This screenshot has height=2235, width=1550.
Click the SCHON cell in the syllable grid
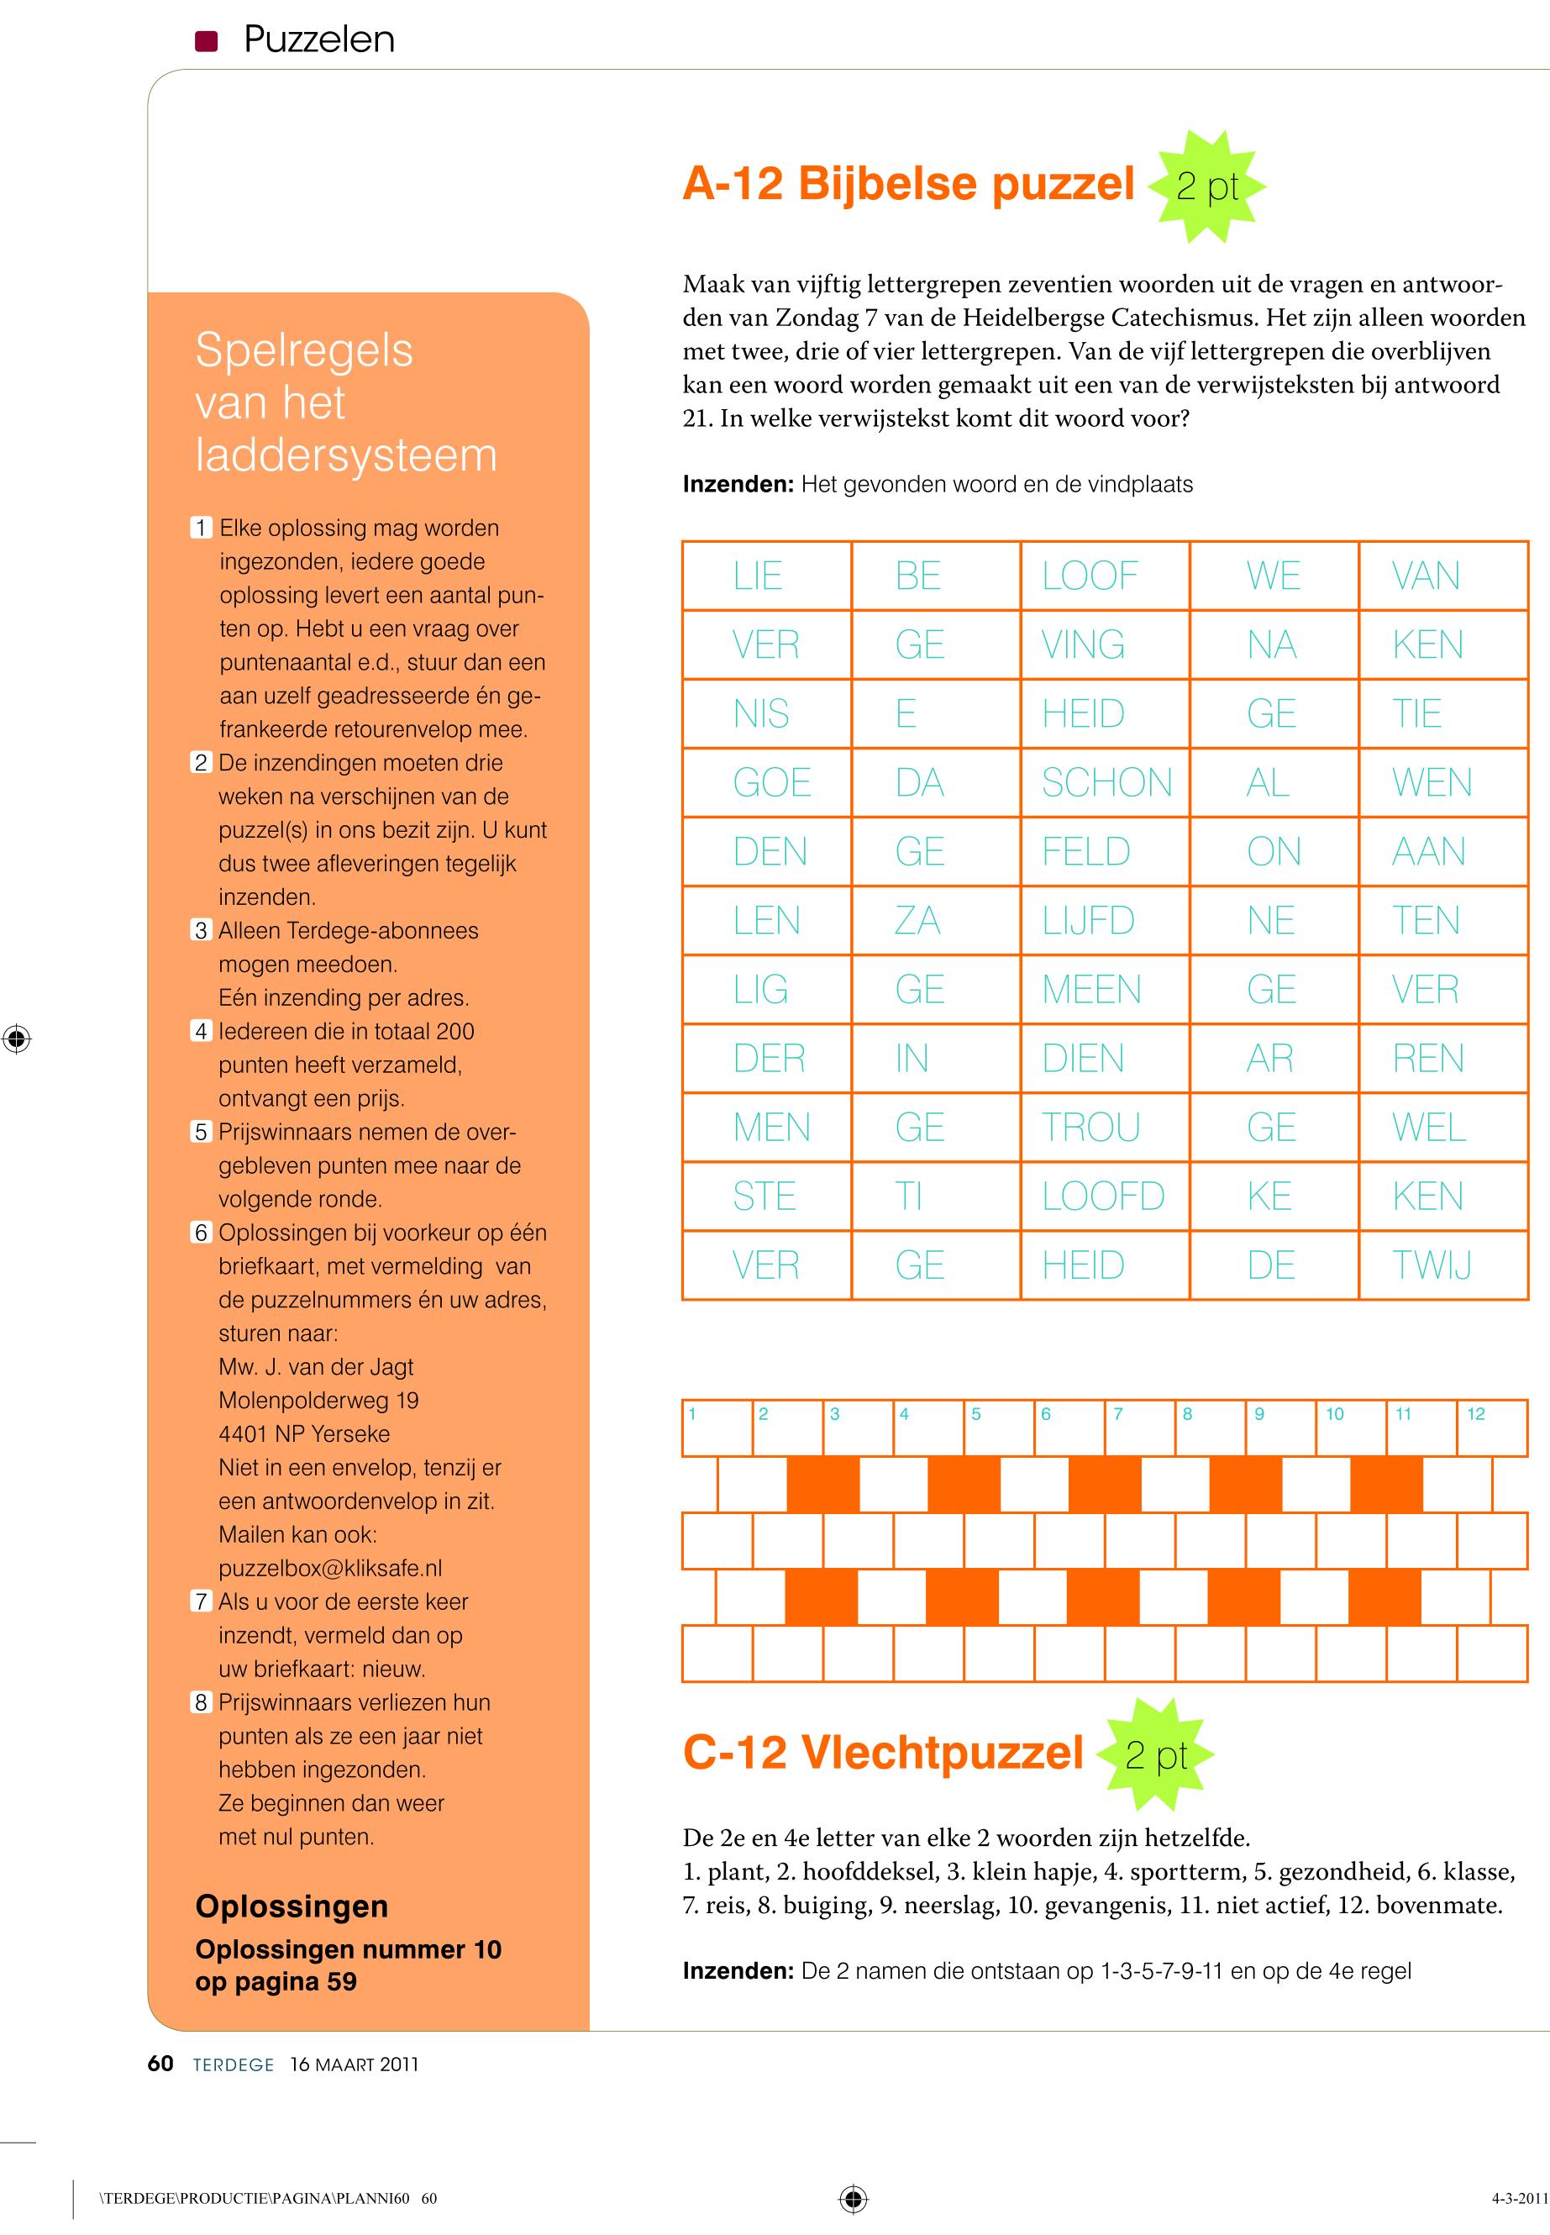tap(1106, 782)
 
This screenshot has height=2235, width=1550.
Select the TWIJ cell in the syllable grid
tap(1442, 1265)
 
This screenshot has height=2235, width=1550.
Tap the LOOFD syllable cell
tap(1106, 1196)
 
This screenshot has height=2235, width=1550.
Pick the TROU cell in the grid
tap(1106, 1127)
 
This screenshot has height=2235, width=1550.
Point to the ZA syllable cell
tap(935, 920)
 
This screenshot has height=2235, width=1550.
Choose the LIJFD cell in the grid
tap(1106, 920)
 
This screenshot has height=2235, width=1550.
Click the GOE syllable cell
tap(767, 782)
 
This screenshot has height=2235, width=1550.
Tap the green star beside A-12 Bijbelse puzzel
tap(1207, 186)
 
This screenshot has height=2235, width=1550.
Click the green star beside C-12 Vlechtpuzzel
tap(1156, 1755)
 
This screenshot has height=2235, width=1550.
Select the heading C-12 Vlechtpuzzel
tap(883, 1754)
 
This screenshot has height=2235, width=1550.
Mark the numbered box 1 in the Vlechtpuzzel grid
tap(717, 1428)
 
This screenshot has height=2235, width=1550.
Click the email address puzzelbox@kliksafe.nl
tap(330, 1568)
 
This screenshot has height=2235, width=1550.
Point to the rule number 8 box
tap(201, 1703)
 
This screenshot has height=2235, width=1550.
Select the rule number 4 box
tap(201, 1032)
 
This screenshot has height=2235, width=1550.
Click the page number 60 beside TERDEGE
tap(160, 2064)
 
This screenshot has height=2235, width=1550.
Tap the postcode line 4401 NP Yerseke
tap(304, 1433)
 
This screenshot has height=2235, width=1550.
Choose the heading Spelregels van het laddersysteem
tap(346, 402)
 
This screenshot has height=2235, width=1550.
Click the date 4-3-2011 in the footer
tap(1520, 2198)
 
